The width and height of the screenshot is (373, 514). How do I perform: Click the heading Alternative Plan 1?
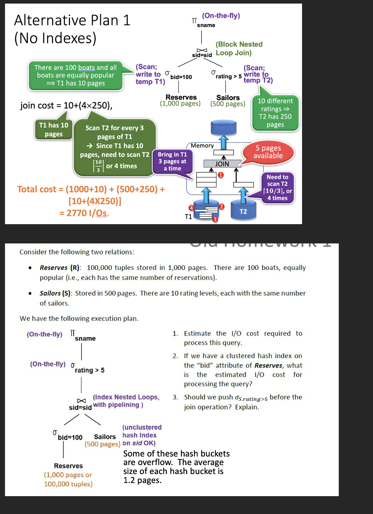coord(72,20)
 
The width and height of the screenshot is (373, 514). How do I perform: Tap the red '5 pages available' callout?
coord(268,152)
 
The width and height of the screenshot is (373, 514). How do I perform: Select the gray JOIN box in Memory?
coord(222,164)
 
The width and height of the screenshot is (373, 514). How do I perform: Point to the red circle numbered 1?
coord(221,175)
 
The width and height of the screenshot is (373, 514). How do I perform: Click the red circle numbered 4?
coord(191,208)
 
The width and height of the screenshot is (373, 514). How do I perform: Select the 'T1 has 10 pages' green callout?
coord(54,130)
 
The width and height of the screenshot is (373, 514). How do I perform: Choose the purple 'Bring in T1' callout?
coord(173,161)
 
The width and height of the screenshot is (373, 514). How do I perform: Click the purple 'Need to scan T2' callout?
coord(277,187)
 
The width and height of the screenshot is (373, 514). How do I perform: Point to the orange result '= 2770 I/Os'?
coord(84,213)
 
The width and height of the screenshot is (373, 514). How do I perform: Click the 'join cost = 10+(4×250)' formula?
coord(66,106)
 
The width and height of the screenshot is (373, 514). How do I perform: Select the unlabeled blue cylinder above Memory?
coord(224,127)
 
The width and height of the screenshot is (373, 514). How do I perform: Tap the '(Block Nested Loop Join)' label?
coord(239,49)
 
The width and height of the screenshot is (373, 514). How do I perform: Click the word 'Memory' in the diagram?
coord(202,146)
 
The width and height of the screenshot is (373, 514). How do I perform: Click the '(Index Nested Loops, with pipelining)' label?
coord(126,401)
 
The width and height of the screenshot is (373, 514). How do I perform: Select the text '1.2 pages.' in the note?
coord(142,480)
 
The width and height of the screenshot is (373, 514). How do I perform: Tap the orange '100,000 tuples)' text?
coord(68,484)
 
